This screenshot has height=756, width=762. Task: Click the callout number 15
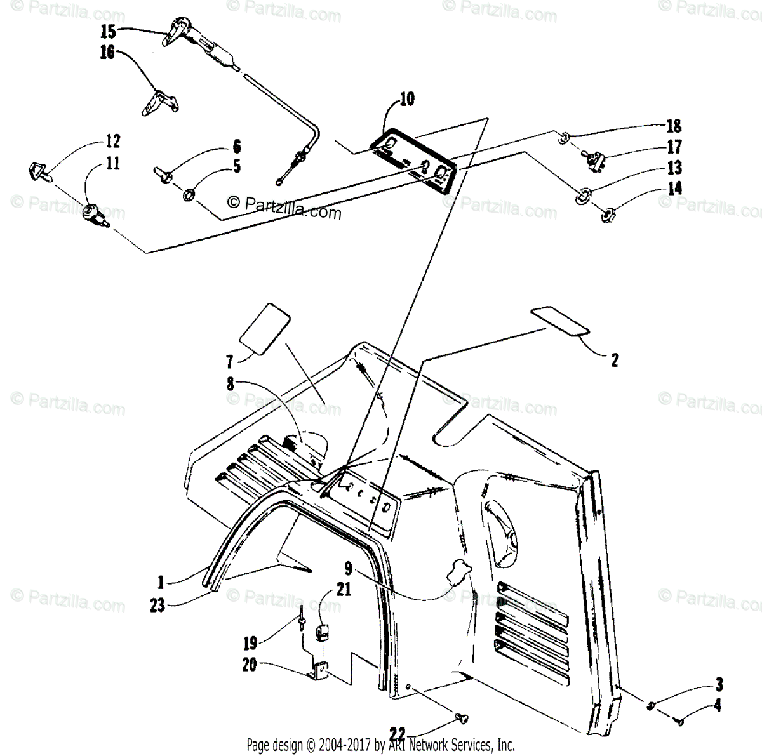pyautogui.click(x=108, y=29)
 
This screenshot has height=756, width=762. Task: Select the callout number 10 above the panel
pyautogui.click(x=407, y=98)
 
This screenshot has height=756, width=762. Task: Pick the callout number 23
pyautogui.click(x=157, y=606)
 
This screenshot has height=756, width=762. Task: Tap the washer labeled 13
pyautogui.click(x=582, y=196)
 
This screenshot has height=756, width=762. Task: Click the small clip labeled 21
pyautogui.click(x=322, y=633)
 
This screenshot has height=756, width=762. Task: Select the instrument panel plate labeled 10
pyautogui.click(x=413, y=159)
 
